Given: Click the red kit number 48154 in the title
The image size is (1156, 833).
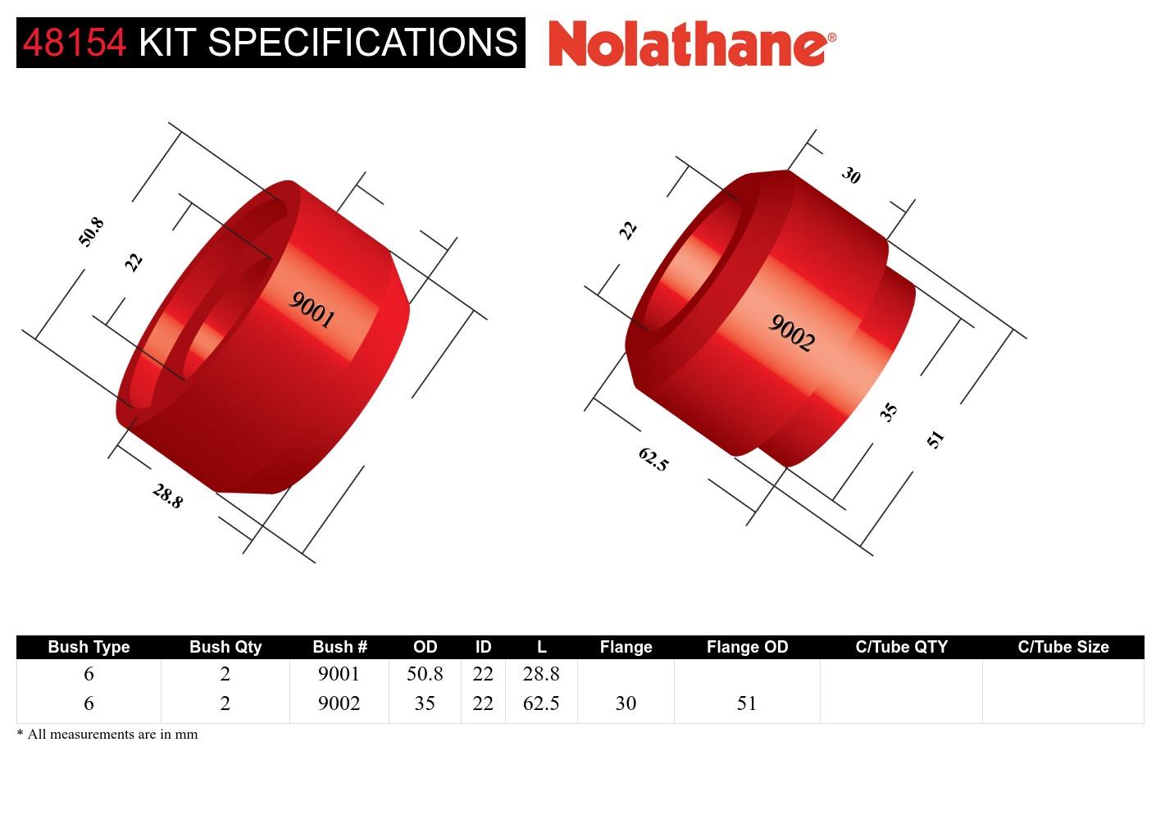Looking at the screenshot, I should pos(75,43).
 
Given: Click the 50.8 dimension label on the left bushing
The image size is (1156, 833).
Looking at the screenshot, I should pos(91,232).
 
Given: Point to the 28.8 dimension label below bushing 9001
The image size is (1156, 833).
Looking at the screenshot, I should pos(167,496).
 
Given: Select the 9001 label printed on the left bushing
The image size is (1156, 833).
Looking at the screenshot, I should pos(312,311).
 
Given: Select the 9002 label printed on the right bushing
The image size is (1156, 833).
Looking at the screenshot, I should pos(791,333).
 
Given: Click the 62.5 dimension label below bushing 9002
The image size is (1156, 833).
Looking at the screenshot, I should pos(653,459).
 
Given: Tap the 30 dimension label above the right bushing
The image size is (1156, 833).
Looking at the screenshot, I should pos(851,175).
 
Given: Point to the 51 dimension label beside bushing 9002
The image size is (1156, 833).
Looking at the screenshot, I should pos(935,439).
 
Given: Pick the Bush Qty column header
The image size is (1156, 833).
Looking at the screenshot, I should pos(225,647).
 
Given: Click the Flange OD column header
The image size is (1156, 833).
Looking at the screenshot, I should pos(747,647).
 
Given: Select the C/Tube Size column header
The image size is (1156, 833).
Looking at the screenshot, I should pos(1063,647).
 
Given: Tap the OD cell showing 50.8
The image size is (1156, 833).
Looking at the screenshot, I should pos(425,674).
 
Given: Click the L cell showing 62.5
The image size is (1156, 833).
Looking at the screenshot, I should pos(541,703).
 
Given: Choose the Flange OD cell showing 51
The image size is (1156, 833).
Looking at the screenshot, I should pos(746,703).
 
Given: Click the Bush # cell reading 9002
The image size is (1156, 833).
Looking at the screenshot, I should pos(339,703).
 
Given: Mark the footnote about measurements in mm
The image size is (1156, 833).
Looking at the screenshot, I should pos(107,735).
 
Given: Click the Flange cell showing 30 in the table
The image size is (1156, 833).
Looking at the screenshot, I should pos(626,703).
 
